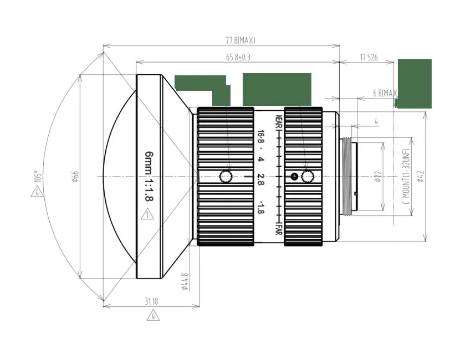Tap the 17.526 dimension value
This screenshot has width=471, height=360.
[x=368, y=57]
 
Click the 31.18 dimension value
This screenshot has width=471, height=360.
[x=151, y=301]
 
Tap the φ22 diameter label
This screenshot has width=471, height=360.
[x=377, y=177]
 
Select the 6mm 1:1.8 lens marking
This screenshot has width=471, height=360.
[x=149, y=177]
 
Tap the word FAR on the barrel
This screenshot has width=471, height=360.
[x=279, y=228]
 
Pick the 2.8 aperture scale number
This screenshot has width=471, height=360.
[x=260, y=178]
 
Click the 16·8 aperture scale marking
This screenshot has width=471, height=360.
[x=260, y=138]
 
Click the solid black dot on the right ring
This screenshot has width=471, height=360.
[x=294, y=177]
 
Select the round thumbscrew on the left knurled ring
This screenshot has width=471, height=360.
[x=226, y=177]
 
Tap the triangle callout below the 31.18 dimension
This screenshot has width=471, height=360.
[x=153, y=316]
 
